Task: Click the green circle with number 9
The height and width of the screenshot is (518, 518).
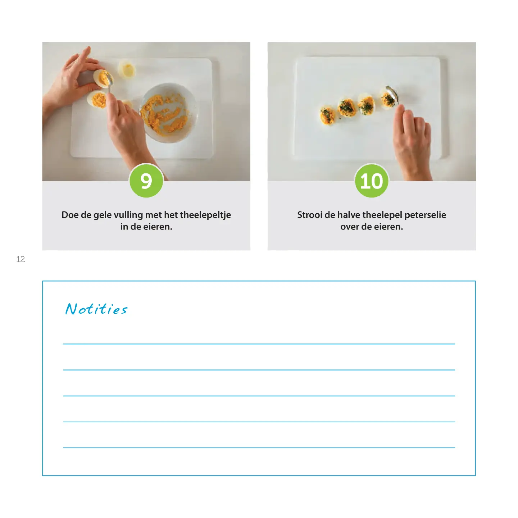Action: click(146, 181)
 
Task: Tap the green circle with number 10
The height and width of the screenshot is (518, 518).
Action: click(372, 181)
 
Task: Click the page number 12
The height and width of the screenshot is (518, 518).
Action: click(21, 259)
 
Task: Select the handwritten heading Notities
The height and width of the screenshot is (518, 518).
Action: click(96, 309)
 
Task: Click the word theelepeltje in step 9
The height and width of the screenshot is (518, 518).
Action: click(205, 215)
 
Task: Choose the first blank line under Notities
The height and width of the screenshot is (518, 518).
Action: click(259, 344)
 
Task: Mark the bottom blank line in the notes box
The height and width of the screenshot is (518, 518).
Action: click(259, 447)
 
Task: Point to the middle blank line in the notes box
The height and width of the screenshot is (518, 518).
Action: click(259, 396)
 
